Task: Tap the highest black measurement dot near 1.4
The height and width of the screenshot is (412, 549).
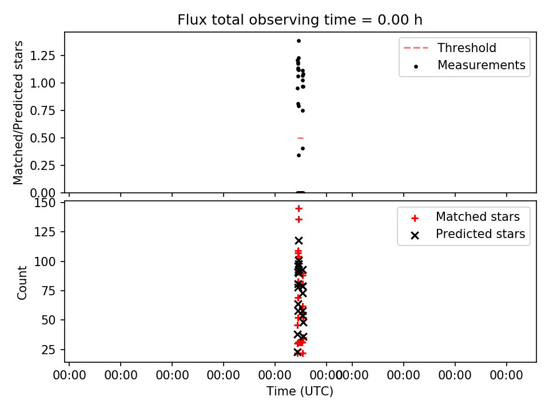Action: (299, 41)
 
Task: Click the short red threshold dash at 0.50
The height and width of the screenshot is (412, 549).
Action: (300, 138)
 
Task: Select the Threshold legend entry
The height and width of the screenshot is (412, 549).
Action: (450, 47)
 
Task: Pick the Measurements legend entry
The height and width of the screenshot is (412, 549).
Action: (469, 65)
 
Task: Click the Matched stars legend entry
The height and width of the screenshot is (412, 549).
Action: (466, 217)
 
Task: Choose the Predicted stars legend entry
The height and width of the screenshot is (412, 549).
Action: (468, 234)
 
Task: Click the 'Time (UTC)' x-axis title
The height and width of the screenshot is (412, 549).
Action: (300, 391)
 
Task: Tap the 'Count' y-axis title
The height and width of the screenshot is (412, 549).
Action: (22, 282)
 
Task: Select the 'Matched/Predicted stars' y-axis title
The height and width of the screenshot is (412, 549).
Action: (18, 113)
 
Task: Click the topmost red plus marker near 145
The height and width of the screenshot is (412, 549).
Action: (299, 209)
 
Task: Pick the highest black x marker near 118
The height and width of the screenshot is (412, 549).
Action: (299, 240)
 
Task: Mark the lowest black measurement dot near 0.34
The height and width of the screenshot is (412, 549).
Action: (299, 155)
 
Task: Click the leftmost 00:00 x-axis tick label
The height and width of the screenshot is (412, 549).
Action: (69, 375)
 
